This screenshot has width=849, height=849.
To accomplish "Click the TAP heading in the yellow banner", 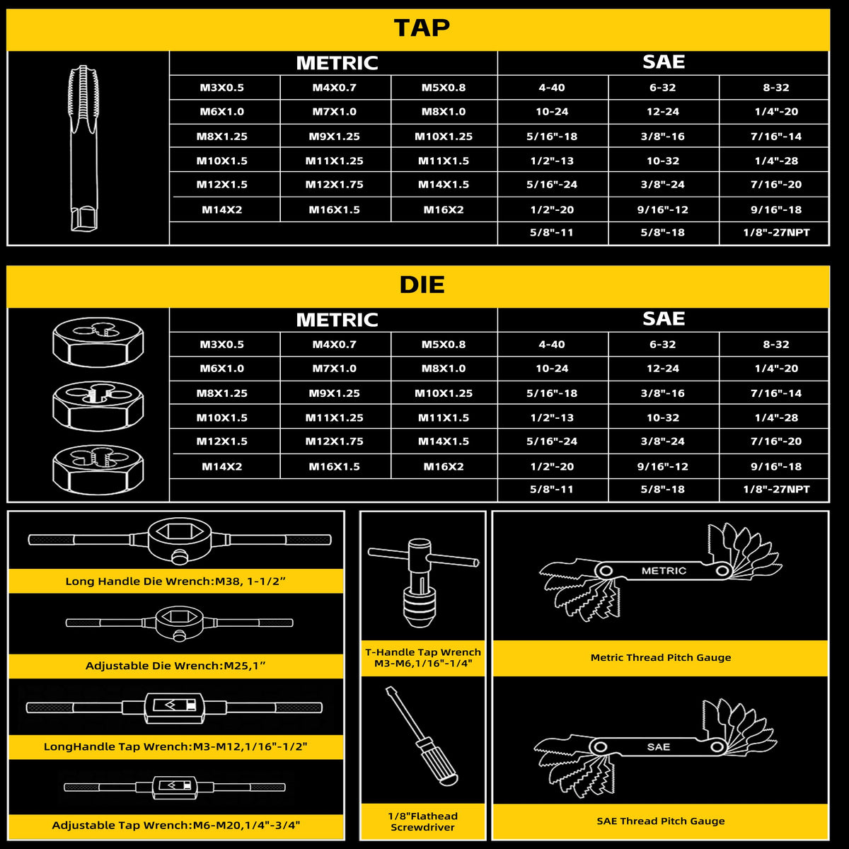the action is point(422,28).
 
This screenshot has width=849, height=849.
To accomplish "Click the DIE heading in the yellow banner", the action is point(422,284).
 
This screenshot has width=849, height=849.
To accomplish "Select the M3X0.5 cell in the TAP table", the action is point(221,87).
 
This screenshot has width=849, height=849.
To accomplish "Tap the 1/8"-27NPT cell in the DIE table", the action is point(776,489).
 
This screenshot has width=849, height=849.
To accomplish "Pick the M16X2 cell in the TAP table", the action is point(443,209).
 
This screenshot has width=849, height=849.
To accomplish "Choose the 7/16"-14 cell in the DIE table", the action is point(776,393).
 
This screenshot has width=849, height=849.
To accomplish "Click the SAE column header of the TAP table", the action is point(664,62).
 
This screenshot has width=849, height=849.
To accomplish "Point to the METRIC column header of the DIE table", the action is point(337,320).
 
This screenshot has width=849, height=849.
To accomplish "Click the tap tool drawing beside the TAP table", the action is point(83,148).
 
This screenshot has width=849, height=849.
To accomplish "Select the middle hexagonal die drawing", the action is point(98,406).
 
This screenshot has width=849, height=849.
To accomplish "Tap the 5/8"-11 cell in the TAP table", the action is point(552,232).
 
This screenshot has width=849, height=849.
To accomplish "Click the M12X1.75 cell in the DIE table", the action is point(335,441).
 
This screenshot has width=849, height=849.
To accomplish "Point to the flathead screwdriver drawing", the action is point(422,737).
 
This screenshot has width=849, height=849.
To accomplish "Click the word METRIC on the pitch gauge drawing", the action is point(664,570).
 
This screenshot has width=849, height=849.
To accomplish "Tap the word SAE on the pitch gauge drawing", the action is point(658,747).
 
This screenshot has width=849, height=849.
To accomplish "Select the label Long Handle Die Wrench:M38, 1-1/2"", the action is point(175,581).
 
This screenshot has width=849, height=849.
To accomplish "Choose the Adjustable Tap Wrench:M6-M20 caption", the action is point(175,825).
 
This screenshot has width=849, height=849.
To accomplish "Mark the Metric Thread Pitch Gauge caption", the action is point(660,657).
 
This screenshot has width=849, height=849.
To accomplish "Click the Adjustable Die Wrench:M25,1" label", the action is point(175,665).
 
